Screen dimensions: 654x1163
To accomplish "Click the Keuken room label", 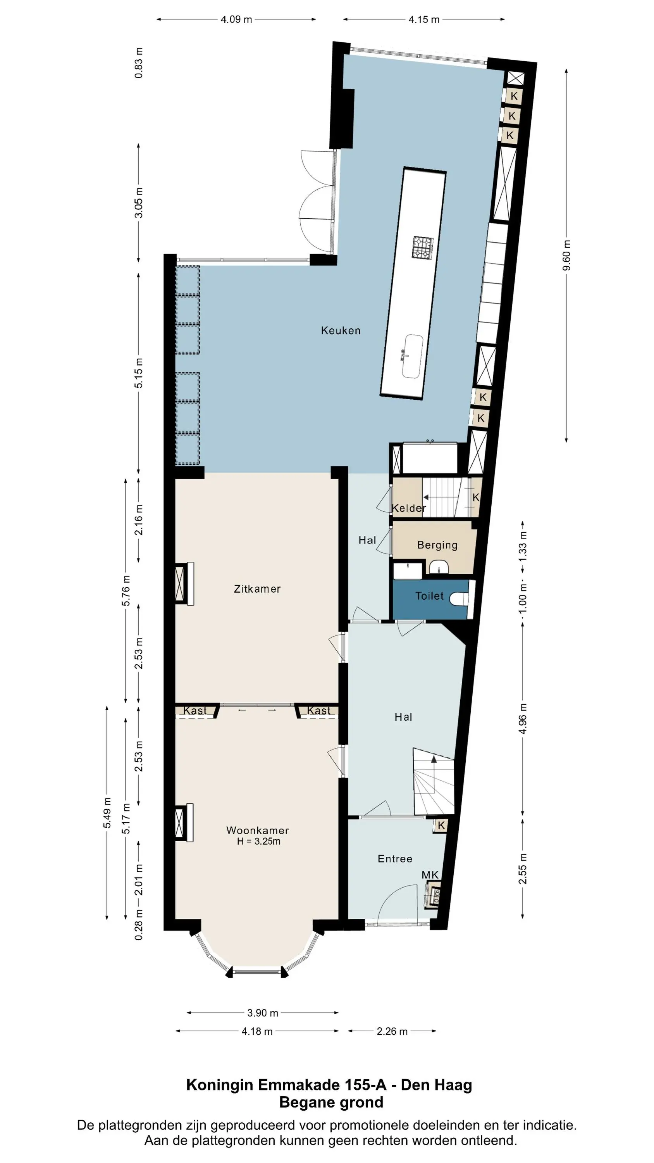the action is (x=341, y=330).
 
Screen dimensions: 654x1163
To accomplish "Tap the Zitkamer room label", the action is (x=257, y=589).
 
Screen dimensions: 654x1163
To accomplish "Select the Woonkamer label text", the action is (x=257, y=830).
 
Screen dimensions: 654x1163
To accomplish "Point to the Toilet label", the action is (x=429, y=596).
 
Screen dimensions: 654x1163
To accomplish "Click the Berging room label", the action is (x=437, y=545).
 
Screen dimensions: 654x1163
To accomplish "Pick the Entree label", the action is (x=395, y=859).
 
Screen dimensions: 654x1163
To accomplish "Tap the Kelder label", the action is (x=409, y=508).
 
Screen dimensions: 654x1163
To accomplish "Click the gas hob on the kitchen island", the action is (x=422, y=247).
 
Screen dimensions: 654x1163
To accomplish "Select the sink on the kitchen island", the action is (x=412, y=357).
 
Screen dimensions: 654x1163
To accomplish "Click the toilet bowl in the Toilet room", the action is (x=460, y=599).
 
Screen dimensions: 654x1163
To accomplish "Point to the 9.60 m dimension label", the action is (x=567, y=255).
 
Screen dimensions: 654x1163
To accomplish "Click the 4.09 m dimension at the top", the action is (x=236, y=19).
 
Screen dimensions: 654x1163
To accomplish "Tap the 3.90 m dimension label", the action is (x=263, y=1013).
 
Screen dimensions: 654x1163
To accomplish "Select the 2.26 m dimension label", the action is (x=392, y=1031).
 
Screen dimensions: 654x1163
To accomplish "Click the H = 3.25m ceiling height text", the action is (x=259, y=841).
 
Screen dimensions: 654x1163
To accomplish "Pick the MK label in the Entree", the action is (x=430, y=875).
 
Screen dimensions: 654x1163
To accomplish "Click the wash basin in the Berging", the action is (x=438, y=567).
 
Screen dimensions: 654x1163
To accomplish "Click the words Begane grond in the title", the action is (x=331, y=1102).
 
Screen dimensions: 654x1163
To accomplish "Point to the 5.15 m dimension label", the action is (x=139, y=373).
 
